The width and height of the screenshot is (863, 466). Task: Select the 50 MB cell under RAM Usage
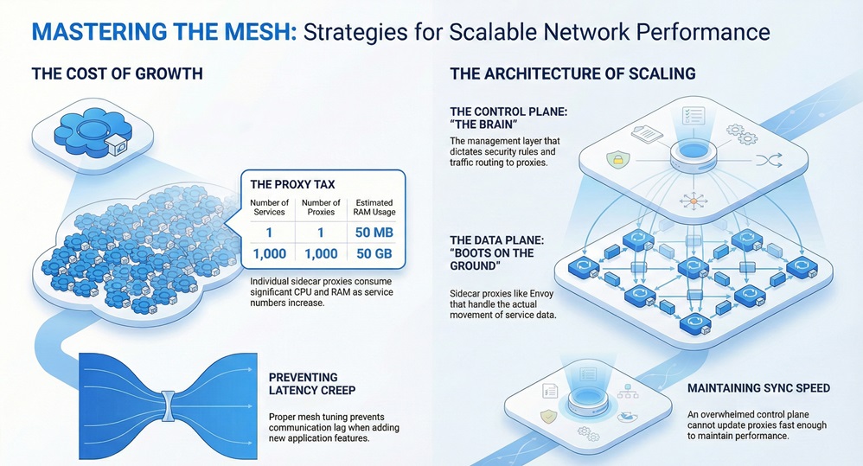pos(374,232)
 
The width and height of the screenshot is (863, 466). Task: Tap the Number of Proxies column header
pos(321,207)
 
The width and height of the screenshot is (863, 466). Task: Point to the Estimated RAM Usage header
pos(374,207)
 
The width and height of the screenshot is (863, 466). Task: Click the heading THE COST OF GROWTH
pos(117,73)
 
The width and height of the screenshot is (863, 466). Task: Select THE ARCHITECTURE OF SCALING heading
pos(572,73)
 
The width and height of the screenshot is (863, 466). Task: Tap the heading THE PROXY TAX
pos(292,183)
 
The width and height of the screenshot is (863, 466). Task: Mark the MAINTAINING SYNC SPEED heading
pos(758,388)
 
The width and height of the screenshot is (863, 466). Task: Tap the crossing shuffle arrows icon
pos(764,159)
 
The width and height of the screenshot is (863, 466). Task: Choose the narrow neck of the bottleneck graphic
pos(169,399)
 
